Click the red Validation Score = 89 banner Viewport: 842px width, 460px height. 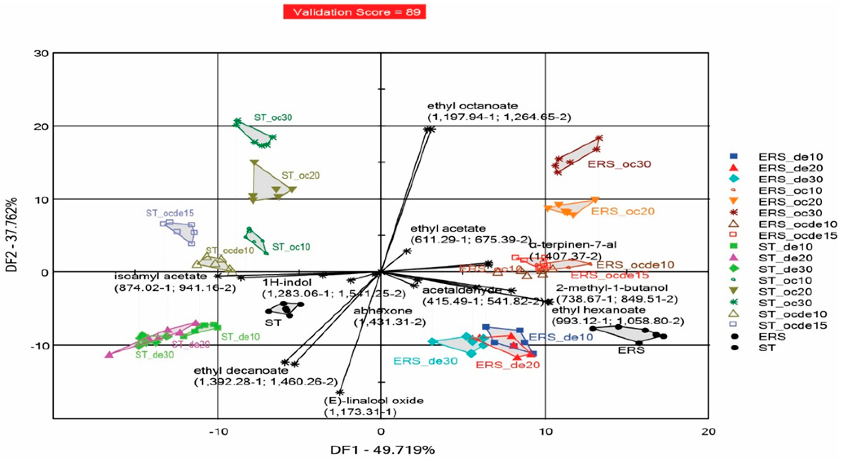[x=354, y=12]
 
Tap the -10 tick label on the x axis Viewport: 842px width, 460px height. [x=218, y=431]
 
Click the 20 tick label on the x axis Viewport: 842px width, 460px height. [x=708, y=431]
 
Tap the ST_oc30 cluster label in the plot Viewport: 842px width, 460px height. [x=273, y=117]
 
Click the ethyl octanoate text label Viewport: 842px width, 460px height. [x=472, y=106]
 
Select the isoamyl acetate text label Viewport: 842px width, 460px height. [x=160, y=276]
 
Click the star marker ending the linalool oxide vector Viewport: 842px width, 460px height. [x=340, y=392]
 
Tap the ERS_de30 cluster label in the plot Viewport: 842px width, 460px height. [x=425, y=361]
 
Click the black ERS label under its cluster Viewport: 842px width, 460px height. [x=631, y=350]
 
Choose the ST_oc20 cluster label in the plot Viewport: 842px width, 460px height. [x=300, y=176]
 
